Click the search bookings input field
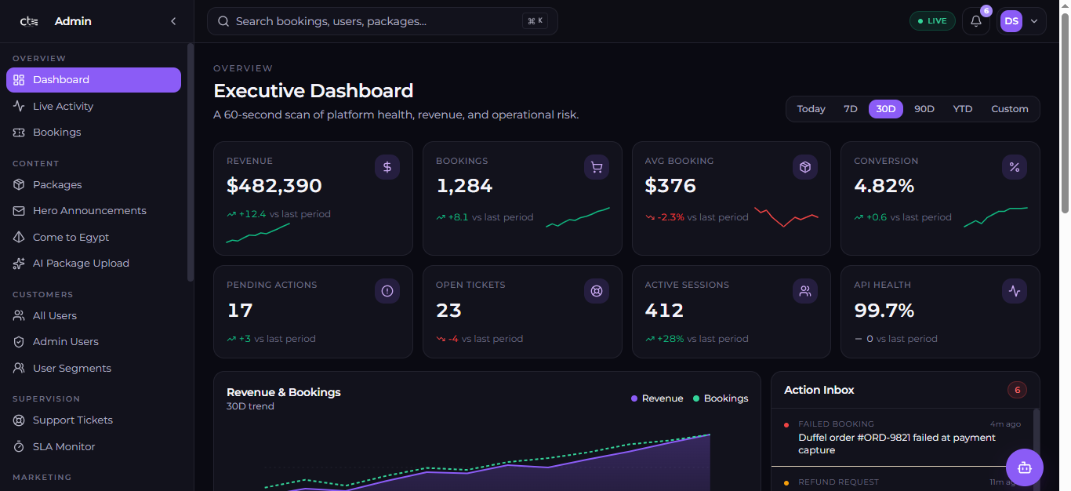(x=382, y=21)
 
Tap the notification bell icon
(x=976, y=21)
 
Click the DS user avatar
(x=1011, y=21)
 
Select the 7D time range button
(x=850, y=109)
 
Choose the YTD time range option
(x=963, y=109)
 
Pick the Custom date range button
(x=1009, y=109)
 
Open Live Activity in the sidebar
(x=63, y=106)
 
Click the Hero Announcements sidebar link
(x=89, y=211)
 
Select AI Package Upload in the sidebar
(x=81, y=264)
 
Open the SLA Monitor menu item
(x=64, y=447)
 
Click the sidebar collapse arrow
(x=173, y=21)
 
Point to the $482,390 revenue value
(x=274, y=186)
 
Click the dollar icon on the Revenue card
(x=387, y=167)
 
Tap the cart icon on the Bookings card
(x=596, y=167)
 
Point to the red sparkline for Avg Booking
(x=786, y=217)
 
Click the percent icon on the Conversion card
(x=1015, y=167)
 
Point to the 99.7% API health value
(x=884, y=311)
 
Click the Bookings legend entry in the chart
(x=721, y=398)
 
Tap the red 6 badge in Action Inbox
(x=1017, y=390)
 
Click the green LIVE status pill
(x=932, y=21)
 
